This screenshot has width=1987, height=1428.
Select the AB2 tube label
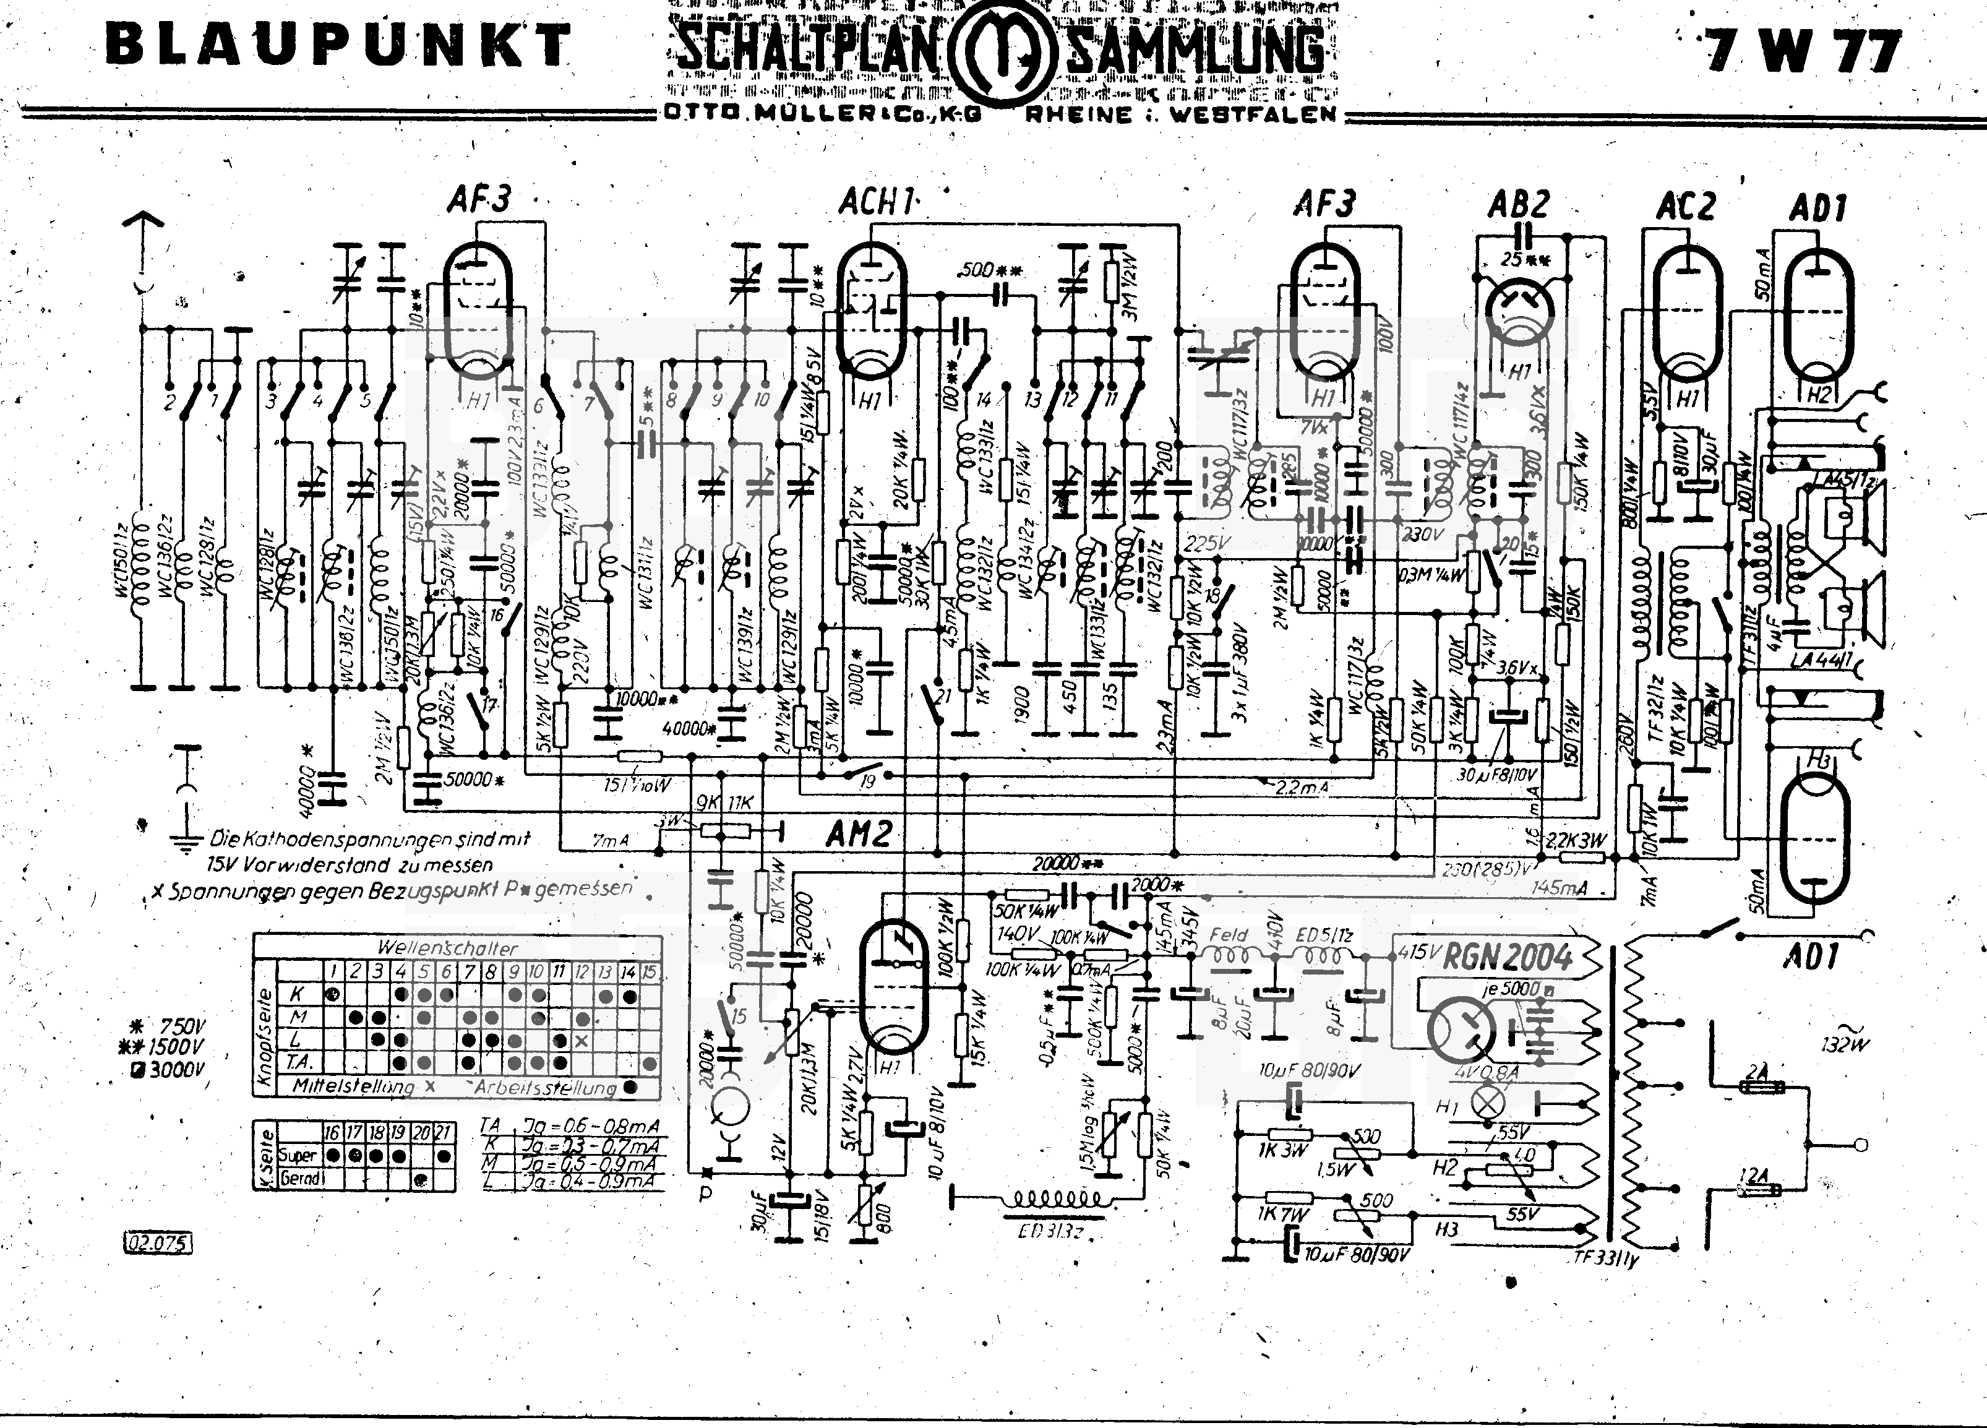1517,205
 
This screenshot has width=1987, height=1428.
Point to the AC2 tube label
1684,207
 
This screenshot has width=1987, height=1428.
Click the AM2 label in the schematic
859,835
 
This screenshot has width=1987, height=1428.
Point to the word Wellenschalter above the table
448,948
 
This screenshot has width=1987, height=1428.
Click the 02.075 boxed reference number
157,1242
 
